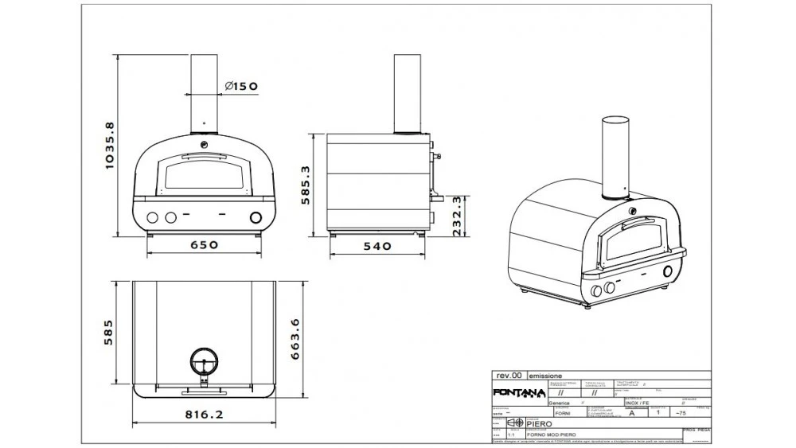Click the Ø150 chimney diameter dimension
(x=240, y=87)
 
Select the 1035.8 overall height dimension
(x=111, y=146)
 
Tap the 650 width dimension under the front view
(x=204, y=245)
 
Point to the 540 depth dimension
(x=377, y=246)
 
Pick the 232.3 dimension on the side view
(x=455, y=212)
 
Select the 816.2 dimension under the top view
(x=205, y=415)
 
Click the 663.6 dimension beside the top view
(x=295, y=341)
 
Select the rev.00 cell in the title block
(x=509, y=375)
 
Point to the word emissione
(x=546, y=375)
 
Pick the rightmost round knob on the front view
(x=256, y=217)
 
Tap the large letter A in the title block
(x=632, y=414)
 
